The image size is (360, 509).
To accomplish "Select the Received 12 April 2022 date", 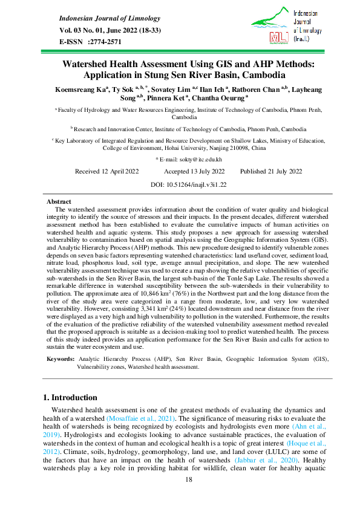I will pos(106,171).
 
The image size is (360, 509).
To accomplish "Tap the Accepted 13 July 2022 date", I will pos(194,171).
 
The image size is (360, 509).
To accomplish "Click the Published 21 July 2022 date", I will pos(270,171).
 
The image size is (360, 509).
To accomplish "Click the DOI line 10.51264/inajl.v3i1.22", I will pos(180,184).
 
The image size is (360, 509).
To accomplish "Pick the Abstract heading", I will pos(59,201).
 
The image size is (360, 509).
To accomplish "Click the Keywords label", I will pos(61,358).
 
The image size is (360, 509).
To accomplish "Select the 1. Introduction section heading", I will pos(79,398).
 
